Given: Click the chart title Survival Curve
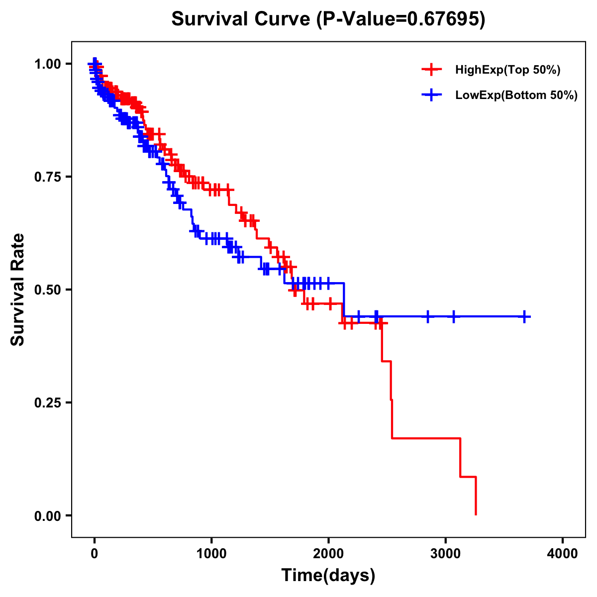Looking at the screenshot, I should pos(242,19).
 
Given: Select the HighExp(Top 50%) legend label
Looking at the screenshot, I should pos(507,70).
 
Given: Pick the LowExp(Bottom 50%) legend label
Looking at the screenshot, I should pos(516,96).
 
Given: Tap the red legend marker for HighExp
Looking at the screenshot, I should pos(431,70).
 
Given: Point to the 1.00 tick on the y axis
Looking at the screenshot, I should pos(47,64).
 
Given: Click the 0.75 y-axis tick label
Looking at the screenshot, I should pos(47,177).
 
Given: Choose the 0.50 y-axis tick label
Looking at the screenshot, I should pos(47,290).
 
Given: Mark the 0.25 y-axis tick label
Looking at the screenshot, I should pos(47,402).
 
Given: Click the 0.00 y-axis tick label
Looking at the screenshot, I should pos(47,515).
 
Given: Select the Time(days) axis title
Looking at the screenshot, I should pos(328,576).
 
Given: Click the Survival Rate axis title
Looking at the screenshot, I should pos(18,290).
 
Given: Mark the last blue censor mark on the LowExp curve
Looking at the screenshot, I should pos(524,316).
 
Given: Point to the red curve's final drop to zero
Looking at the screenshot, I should pos(476,497).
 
